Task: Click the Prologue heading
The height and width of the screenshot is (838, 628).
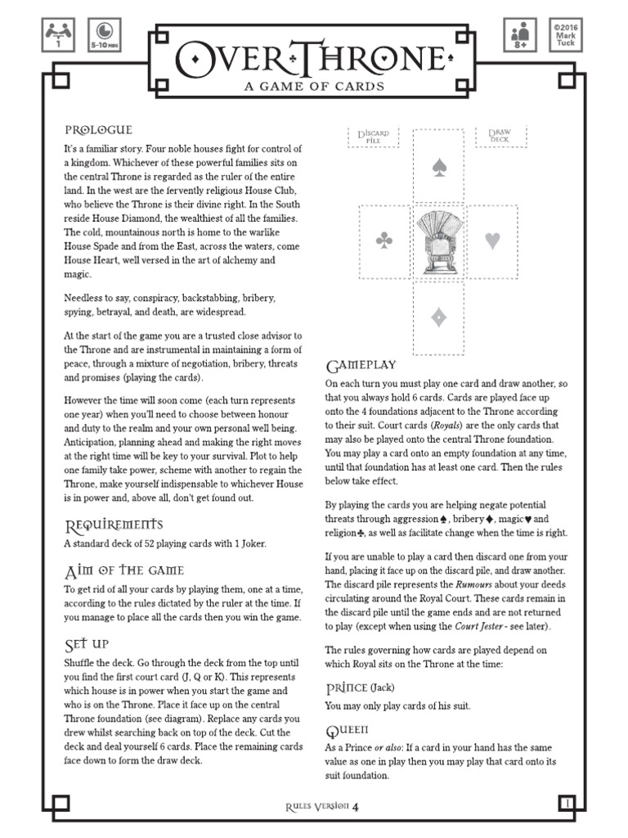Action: (x=98, y=130)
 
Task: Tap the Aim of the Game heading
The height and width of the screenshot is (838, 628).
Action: (x=123, y=570)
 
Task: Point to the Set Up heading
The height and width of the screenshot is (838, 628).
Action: (x=86, y=644)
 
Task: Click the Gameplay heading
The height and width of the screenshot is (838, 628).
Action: (x=361, y=364)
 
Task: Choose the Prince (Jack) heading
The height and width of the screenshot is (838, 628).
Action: (x=360, y=687)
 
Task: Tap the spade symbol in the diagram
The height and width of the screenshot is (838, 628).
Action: (x=439, y=168)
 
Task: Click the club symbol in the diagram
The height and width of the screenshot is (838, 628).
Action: (x=384, y=241)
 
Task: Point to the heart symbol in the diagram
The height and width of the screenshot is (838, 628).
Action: (x=493, y=241)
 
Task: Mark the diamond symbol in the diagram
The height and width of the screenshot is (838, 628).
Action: (x=439, y=318)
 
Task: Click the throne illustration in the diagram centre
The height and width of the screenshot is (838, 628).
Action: (x=439, y=241)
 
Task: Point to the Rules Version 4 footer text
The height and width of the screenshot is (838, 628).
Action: (x=322, y=807)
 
